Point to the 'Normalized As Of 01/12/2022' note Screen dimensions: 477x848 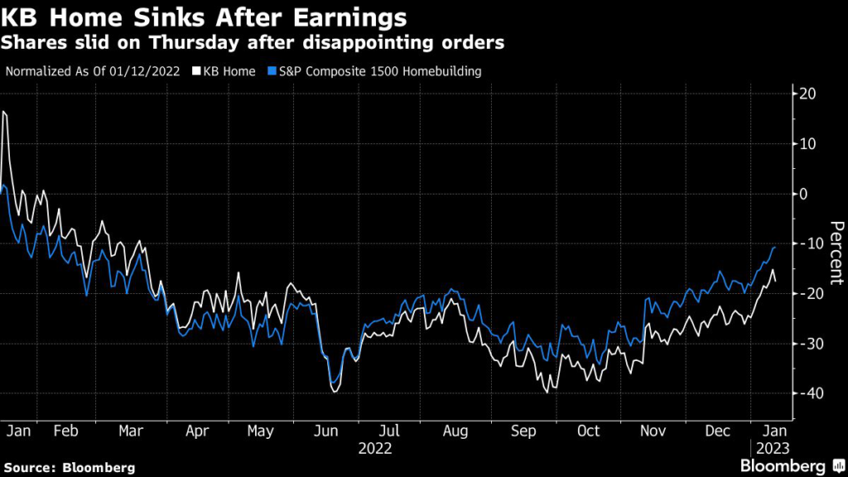94,71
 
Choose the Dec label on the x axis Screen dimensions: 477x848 718,431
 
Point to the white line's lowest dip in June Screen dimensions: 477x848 334,391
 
